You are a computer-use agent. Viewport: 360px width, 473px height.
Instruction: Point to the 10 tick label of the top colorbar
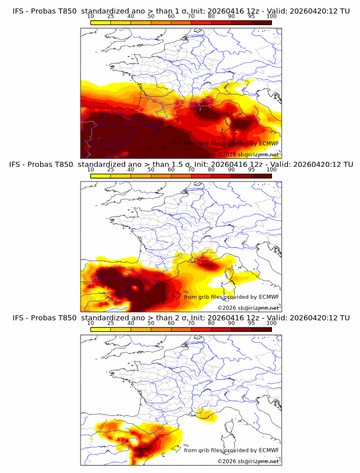coord(91,17)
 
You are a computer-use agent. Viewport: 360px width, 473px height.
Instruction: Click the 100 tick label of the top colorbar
coord(271,17)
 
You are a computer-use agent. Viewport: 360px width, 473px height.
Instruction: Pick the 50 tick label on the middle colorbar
coord(151,170)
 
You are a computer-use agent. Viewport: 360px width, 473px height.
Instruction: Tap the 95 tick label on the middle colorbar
coord(251,170)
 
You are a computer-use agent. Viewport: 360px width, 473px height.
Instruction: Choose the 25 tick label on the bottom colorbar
coord(111,323)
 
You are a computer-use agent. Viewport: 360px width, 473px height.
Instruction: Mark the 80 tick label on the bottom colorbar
coord(211,323)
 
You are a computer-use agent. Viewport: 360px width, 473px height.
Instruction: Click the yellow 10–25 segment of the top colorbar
coord(101,22)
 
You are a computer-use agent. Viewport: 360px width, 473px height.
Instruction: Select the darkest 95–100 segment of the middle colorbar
coord(261,176)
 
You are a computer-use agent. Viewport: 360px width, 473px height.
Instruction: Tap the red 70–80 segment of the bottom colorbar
coord(201,329)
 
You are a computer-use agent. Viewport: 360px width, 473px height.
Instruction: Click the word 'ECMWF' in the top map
coord(269,143)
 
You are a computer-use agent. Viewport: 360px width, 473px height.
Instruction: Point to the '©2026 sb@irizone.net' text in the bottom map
coord(248,461)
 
